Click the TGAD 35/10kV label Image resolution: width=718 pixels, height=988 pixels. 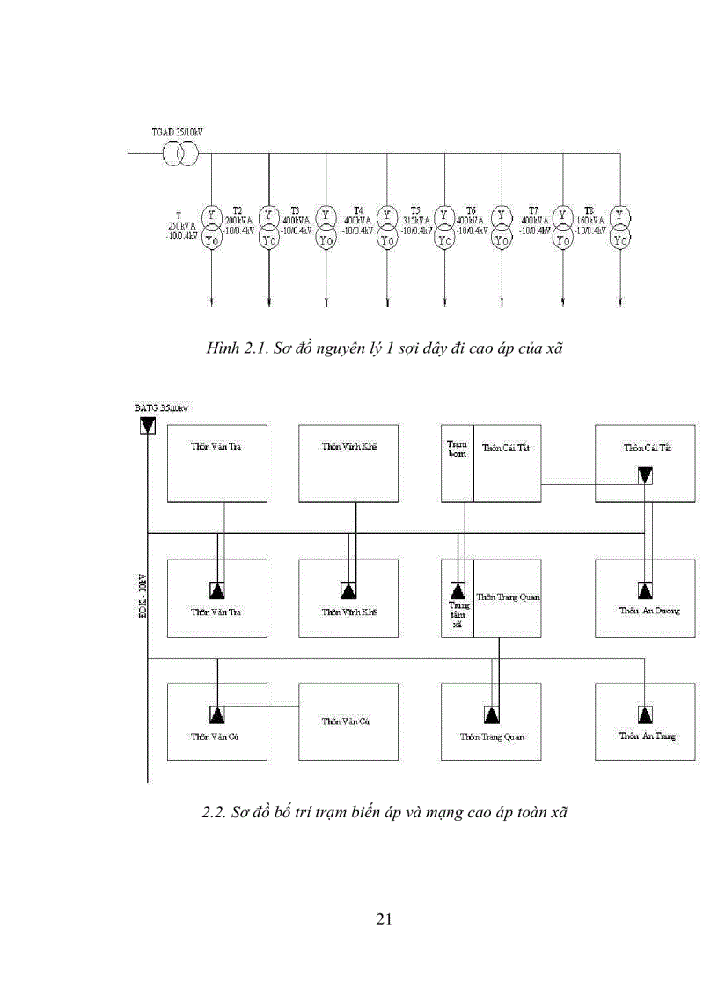(177, 133)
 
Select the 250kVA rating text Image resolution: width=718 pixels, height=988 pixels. (181, 225)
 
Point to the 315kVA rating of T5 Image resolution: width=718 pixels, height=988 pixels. (415, 220)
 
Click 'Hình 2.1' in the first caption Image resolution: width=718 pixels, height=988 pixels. (231, 348)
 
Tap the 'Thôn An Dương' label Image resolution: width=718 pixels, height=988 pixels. (649, 611)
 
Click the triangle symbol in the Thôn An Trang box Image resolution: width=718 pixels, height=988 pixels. (646, 714)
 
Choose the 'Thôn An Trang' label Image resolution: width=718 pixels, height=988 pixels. (648, 736)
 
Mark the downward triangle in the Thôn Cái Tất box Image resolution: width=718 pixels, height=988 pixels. (646, 476)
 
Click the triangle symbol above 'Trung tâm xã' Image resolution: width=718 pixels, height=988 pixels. (457, 589)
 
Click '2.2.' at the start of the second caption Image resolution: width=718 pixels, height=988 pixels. (215, 813)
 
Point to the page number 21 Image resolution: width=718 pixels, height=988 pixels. (384, 919)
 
